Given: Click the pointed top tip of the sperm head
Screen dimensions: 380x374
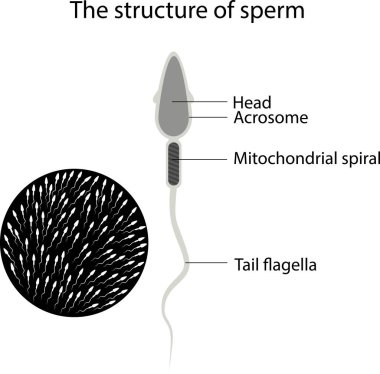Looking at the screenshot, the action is coord(173,57).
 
